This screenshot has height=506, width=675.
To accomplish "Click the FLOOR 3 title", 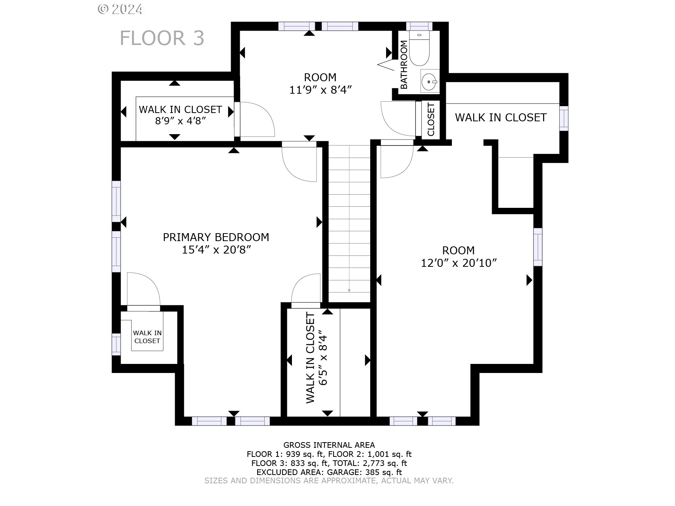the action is tap(162, 38).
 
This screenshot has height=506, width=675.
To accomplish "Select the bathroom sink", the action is tap(430, 80).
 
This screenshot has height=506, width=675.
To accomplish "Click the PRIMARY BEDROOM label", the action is tap(216, 237).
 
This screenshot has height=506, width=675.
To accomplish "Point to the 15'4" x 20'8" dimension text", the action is tap(217, 250).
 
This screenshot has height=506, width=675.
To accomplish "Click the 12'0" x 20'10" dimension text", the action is tap(459, 263).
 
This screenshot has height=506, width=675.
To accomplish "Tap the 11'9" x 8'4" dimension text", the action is tap(321, 90).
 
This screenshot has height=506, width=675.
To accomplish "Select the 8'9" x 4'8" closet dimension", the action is tap(180, 121).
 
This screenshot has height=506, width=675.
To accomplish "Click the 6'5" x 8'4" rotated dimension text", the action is tap(322, 357).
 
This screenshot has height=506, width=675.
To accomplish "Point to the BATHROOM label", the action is tap(404, 65).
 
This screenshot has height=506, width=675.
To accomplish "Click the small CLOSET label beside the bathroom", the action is tap(431, 119).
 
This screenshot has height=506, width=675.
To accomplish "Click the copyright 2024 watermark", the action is tap(120, 9).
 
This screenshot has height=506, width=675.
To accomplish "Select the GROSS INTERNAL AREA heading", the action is tap(329, 445).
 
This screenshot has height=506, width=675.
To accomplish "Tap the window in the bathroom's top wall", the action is tap(419, 26).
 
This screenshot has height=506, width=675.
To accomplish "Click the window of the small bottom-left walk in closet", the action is tap(116, 344).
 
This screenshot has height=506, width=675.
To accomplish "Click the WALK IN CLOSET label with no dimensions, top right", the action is tap(501, 118).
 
